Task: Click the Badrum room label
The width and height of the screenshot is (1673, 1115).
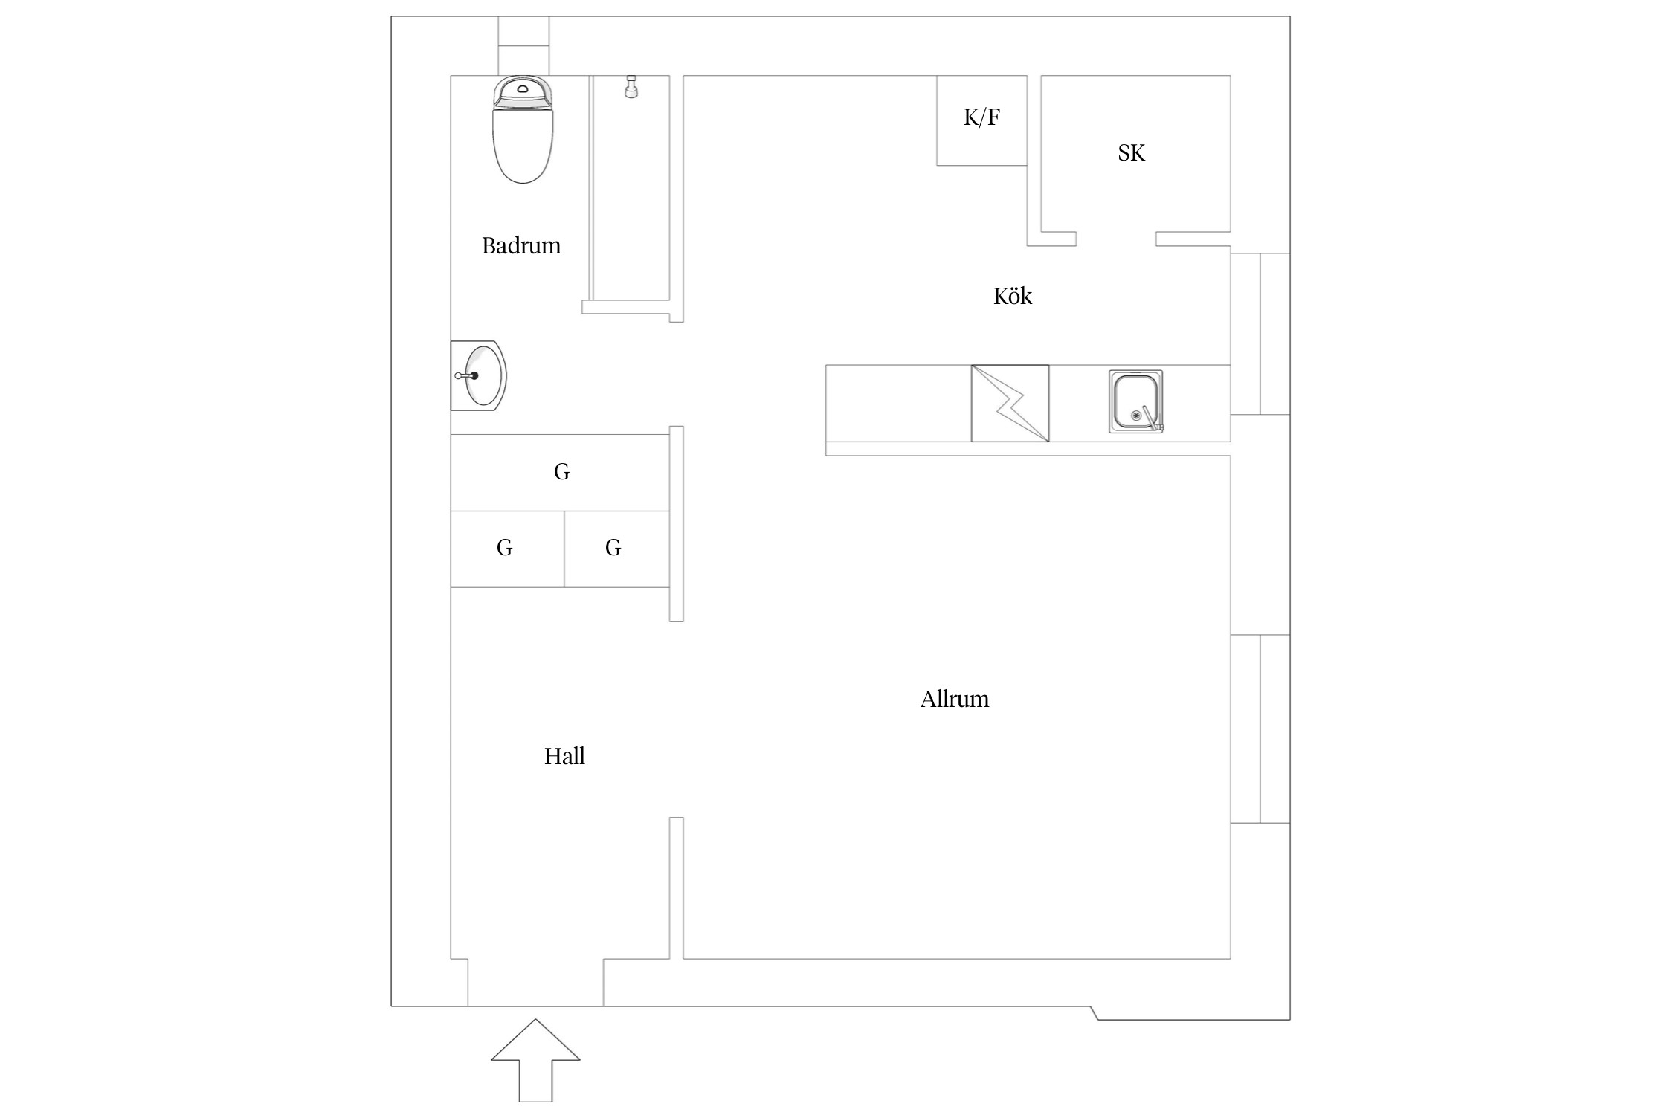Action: pos(521,245)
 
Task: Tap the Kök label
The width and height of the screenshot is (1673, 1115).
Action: pos(1013,296)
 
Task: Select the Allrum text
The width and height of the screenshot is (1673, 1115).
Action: pos(955,699)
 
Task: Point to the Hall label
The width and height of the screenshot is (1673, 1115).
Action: pos(564,756)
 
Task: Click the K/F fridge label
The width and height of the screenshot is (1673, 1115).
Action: pos(981,117)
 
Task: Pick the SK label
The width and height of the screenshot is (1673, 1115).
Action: pos(1131,152)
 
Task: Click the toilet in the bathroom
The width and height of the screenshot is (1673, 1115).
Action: pos(523,129)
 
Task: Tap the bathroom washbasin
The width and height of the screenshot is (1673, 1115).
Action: pos(479,375)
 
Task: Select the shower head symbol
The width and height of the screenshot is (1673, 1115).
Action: pos(631,86)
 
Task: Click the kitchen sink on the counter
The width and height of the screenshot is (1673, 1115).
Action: pos(1136,401)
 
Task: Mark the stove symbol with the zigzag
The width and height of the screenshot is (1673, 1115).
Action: pos(1010,403)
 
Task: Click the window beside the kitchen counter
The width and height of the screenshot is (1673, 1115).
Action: pos(1260,334)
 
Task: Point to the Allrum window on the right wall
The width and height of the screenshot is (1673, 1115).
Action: pos(1260,728)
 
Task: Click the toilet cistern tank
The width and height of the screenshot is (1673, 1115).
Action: pos(523,91)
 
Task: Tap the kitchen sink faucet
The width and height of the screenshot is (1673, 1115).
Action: pos(1153,418)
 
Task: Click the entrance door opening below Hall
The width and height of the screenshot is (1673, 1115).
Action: pos(535,982)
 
